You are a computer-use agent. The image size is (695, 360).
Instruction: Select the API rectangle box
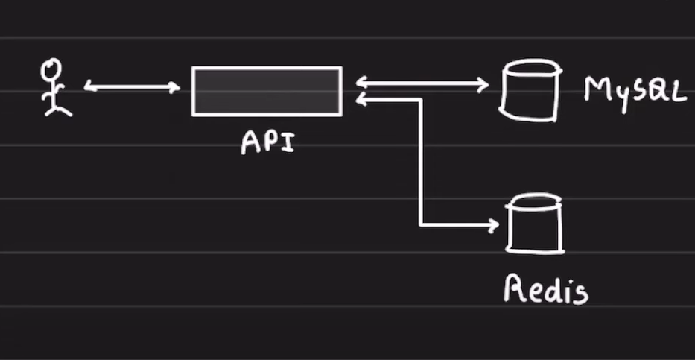pos(267,91)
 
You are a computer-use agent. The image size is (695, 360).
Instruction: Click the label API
pos(267,142)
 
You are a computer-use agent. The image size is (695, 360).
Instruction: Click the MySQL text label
pos(633,89)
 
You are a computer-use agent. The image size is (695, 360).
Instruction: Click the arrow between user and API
pos(132,87)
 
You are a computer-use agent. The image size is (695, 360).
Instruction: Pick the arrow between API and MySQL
pos(422,83)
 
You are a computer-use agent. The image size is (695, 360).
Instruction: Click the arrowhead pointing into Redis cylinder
pos(493,223)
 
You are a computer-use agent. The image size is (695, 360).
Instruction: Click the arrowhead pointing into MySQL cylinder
pos(483,83)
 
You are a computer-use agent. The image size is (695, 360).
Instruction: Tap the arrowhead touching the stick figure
pos(89,87)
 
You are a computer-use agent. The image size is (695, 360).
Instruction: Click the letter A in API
pos(250,142)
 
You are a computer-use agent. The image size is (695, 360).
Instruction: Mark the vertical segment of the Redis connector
pos(422,160)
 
